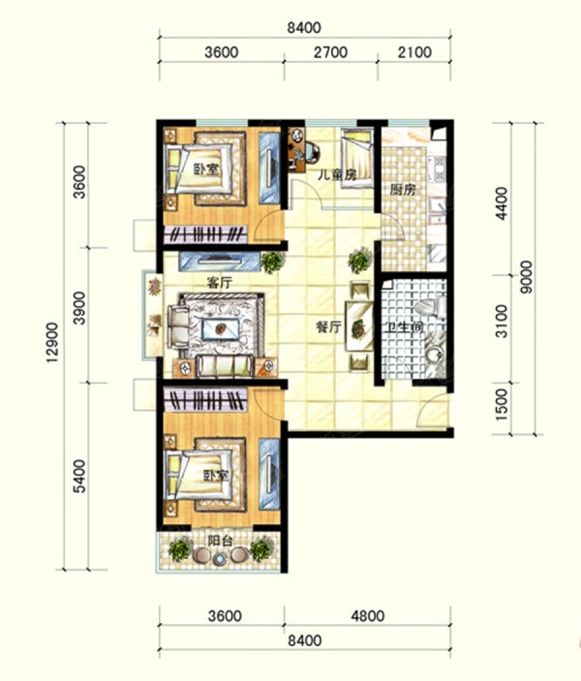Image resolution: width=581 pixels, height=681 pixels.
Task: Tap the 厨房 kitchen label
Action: click(403, 189)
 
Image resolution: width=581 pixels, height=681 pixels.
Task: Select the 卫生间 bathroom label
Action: click(405, 326)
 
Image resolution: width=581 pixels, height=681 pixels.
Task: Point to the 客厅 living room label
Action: click(219, 283)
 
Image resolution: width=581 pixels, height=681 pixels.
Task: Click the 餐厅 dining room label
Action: click(329, 327)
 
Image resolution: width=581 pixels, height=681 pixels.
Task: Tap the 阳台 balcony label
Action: click(219, 541)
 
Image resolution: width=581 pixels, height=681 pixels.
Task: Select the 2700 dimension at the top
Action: click(331, 52)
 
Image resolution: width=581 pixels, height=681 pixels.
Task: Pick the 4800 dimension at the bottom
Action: click(367, 616)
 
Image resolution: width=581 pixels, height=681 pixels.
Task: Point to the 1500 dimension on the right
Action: click(502, 404)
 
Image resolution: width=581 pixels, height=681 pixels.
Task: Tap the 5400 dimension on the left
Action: click(79, 476)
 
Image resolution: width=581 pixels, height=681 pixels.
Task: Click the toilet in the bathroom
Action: click(430, 307)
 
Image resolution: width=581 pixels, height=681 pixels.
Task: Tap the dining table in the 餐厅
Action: click(359, 326)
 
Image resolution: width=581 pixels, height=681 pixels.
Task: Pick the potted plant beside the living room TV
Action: click(272, 262)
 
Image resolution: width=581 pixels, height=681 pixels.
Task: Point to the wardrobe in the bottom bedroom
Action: click(205, 400)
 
